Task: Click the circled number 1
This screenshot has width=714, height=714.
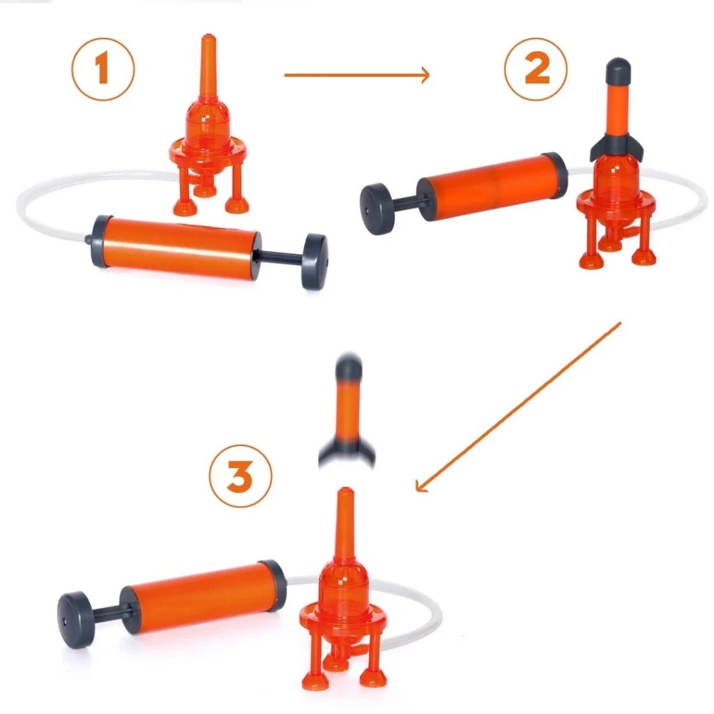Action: point(103,69)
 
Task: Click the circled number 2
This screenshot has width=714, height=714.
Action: point(536,69)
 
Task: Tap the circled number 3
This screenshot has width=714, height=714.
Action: point(241,476)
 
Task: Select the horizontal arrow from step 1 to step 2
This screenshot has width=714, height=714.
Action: point(356,75)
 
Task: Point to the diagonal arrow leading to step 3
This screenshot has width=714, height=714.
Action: point(518,407)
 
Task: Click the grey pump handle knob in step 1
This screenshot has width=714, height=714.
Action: point(315,261)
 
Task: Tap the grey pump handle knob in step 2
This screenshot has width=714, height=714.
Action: point(377,209)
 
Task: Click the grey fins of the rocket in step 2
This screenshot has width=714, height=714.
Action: point(618,146)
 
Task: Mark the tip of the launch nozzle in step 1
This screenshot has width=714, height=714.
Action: point(208,35)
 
